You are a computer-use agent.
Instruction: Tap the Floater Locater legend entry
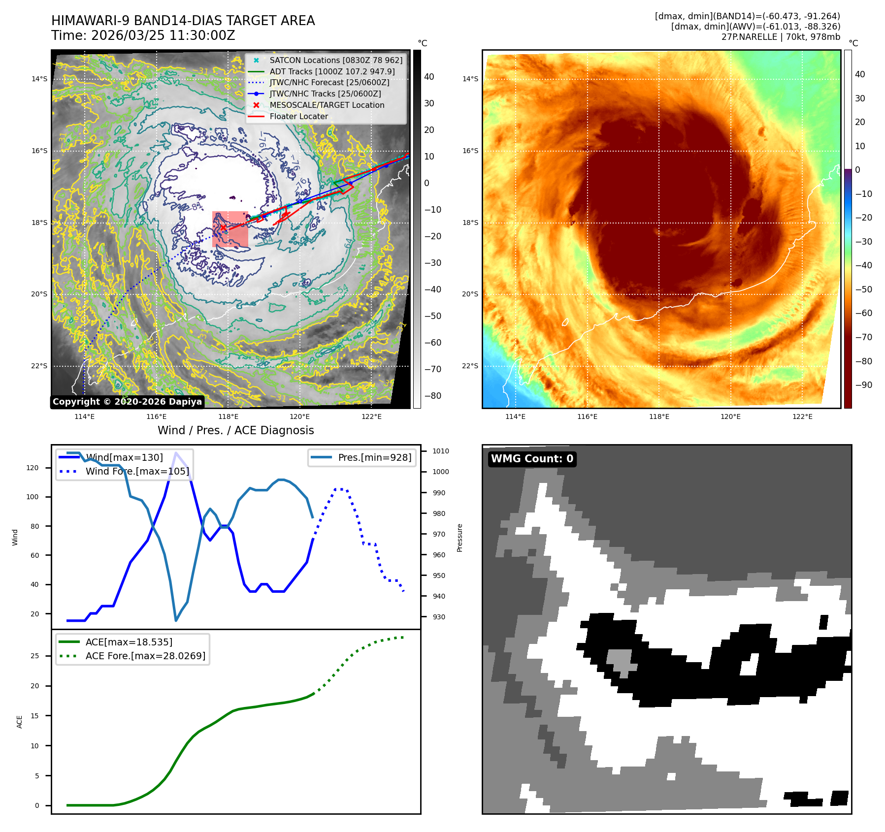point(298,117)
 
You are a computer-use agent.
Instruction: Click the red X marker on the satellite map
point(223,227)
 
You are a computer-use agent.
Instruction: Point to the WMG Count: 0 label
point(532,459)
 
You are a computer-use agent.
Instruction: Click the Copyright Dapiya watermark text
point(127,402)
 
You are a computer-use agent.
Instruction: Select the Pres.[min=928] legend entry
point(374,458)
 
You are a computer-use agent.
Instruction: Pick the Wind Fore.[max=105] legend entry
point(137,472)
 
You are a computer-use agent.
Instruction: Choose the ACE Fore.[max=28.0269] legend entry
point(145,656)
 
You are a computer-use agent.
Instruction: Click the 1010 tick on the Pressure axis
point(440,451)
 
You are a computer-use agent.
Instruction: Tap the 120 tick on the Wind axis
point(33,468)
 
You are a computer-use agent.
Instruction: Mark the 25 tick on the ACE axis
point(34,656)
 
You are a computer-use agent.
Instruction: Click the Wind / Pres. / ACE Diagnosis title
point(235,431)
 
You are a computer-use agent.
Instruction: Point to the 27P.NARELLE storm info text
point(781,37)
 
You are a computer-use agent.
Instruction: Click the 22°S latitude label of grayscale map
point(39,366)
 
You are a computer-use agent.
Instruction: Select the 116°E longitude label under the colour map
point(587,417)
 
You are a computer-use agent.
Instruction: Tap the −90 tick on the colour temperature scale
point(863,385)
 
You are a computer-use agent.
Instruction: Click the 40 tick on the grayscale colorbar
point(429,77)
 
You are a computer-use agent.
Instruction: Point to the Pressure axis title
point(459,538)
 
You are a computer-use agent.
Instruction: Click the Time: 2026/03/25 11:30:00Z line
point(143,36)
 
